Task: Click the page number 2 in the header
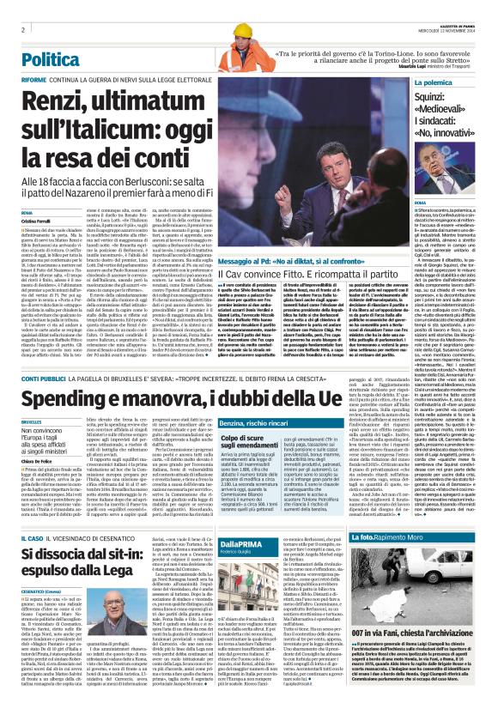click(21, 29)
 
